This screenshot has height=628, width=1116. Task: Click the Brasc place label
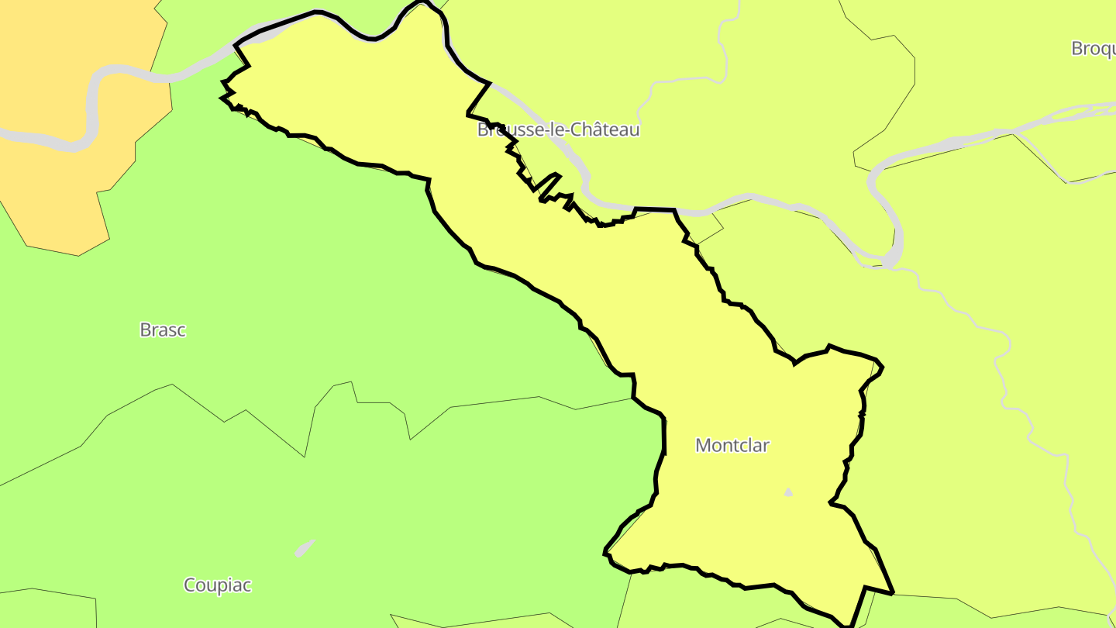click(x=163, y=330)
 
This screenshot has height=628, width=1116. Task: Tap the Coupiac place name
click(x=217, y=585)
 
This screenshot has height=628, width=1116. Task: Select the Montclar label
click(x=732, y=445)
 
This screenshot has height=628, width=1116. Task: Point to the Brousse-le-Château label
click(x=558, y=129)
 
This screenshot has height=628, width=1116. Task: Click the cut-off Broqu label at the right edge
click(x=1093, y=48)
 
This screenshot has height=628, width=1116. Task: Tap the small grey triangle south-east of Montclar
click(x=788, y=492)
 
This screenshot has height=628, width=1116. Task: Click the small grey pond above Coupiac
click(x=305, y=547)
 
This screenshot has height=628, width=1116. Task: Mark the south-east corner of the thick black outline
click(x=893, y=593)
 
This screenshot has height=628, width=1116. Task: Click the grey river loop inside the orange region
click(x=89, y=116)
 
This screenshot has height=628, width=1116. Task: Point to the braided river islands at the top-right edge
click(x=1085, y=112)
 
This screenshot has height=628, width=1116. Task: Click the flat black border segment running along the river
click(x=655, y=209)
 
